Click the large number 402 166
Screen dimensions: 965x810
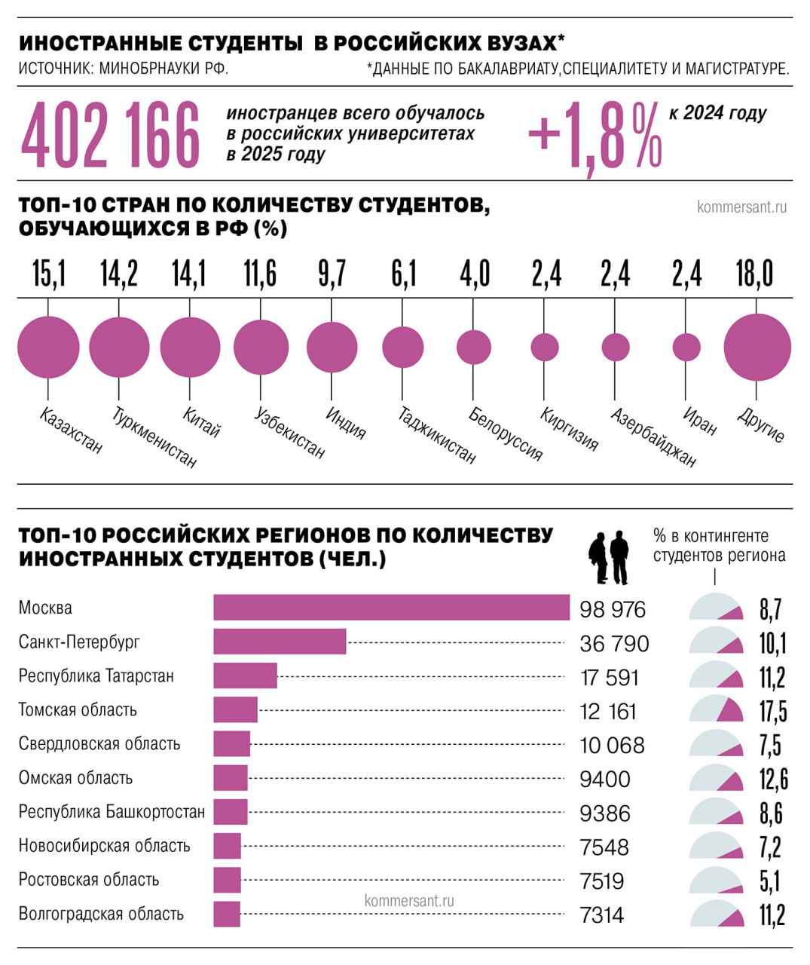pyautogui.click(x=111, y=136)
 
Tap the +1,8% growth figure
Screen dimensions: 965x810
pyautogui.click(x=595, y=136)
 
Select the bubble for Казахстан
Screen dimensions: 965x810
pyautogui.click(x=48, y=347)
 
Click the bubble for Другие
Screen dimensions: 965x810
pyautogui.click(x=757, y=348)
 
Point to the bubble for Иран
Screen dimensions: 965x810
pyautogui.click(x=686, y=348)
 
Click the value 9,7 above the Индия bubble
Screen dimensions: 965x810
pyautogui.click(x=332, y=274)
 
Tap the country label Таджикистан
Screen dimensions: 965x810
pyautogui.click(x=436, y=435)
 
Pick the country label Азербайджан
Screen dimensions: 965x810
pyautogui.click(x=653, y=437)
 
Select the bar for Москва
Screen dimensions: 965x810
pyautogui.click(x=391, y=608)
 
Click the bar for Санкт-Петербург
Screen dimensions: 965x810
pyautogui.click(x=280, y=642)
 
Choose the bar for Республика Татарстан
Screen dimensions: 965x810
pyautogui.click(x=245, y=675)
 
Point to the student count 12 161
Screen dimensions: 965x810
pyautogui.click(x=608, y=711)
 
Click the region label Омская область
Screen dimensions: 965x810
pyautogui.click(x=75, y=778)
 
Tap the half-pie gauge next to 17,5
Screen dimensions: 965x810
pyautogui.click(x=717, y=710)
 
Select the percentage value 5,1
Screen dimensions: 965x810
pyautogui.click(x=769, y=881)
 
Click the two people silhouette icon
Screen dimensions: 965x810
pyautogui.click(x=609, y=558)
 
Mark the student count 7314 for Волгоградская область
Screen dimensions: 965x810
pyautogui.click(x=602, y=915)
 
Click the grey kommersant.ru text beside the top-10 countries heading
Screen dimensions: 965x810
pyautogui.click(x=741, y=207)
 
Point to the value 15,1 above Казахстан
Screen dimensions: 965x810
pyautogui.click(x=49, y=274)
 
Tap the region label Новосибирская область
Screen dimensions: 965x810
pyautogui.click(x=104, y=846)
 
